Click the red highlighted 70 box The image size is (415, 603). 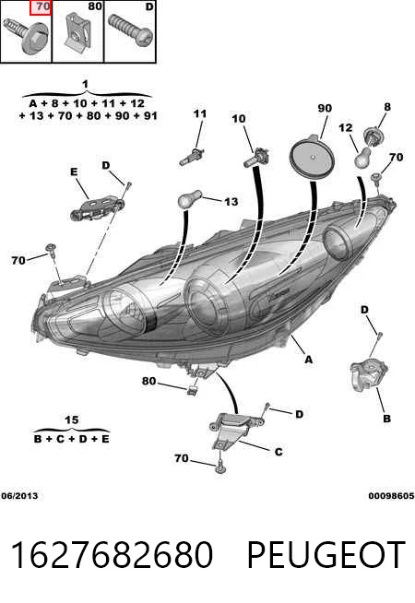(41, 7)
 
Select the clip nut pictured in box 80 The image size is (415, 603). (78, 32)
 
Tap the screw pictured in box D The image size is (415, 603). (130, 30)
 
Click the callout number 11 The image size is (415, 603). (200, 113)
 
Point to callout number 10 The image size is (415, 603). (239, 118)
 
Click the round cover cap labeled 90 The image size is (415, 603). (312, 157)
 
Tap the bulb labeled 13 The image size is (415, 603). (189, 199)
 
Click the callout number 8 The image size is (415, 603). (387, 107)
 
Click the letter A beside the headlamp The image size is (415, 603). (308, 360)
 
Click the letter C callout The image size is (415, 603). (279, 452)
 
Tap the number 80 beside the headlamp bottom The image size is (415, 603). (148, 381)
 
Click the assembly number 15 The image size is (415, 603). (71, 420)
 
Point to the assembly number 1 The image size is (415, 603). (86, 84)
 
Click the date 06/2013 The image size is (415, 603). (19, 496)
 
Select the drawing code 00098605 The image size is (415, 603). (391, 496)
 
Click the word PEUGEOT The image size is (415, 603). (326, 554)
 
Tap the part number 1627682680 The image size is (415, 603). (112, 554)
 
